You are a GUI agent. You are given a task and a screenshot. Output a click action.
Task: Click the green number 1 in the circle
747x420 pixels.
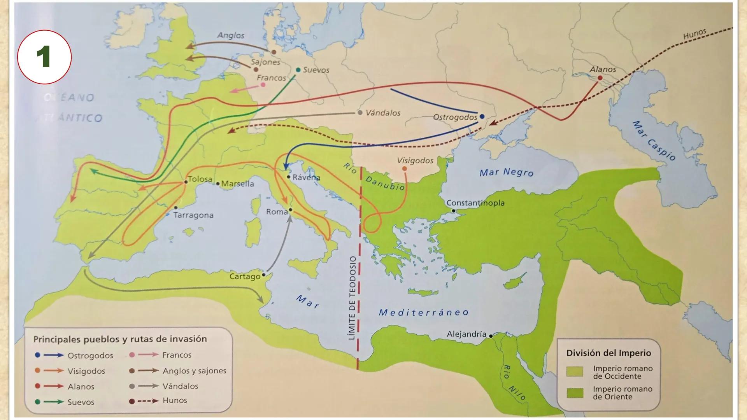pyautogui.click(x=44, y=57)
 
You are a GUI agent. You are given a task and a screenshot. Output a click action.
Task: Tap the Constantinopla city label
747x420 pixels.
pyautogui.click(x=475, y=203)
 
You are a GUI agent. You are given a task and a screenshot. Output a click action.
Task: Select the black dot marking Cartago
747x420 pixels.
pyautogui.click(x=264, y=275)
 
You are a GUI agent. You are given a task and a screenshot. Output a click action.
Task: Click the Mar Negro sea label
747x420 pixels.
pyautogui.click(x=506, y=172)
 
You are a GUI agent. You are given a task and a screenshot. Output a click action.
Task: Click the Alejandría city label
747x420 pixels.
pyautogui.click(x=466, y=334)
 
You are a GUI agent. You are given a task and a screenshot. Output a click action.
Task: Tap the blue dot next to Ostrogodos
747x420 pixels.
pyautogui.click(x=482, y=116)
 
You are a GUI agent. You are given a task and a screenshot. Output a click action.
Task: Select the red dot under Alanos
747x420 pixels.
pyautogui.click(x=600, y=78)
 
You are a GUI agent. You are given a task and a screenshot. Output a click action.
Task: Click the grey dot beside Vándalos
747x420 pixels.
pyautogui.click(x=359, y=112)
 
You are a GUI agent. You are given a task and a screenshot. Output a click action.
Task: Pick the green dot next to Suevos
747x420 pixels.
pyautogui.click(x=298, y=70)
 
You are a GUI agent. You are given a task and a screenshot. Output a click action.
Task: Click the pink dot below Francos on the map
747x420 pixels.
pyautogui.click(x=263, y=84)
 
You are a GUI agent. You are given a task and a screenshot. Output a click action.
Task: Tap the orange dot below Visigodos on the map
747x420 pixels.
pyautogui.click(x=405, y=168)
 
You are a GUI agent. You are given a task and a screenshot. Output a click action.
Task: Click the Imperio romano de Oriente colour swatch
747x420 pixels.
pyautogui.click(x=574, y=393)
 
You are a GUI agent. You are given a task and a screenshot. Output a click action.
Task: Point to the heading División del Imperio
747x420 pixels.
pyautogui.click(x=608, y=353)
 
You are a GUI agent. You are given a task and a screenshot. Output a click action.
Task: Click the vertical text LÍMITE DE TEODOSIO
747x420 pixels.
pyautogui.click(x=352, y=298)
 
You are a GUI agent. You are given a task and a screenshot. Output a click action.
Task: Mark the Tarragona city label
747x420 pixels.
pyautogui.click(x=193, y=215)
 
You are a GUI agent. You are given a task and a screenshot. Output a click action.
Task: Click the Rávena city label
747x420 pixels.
pyautogui.click(x=306, y=177)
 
